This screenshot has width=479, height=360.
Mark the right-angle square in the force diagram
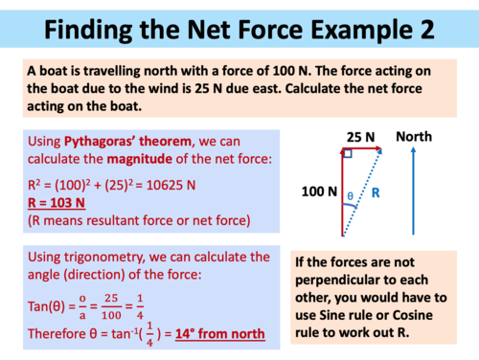point(346,153)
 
